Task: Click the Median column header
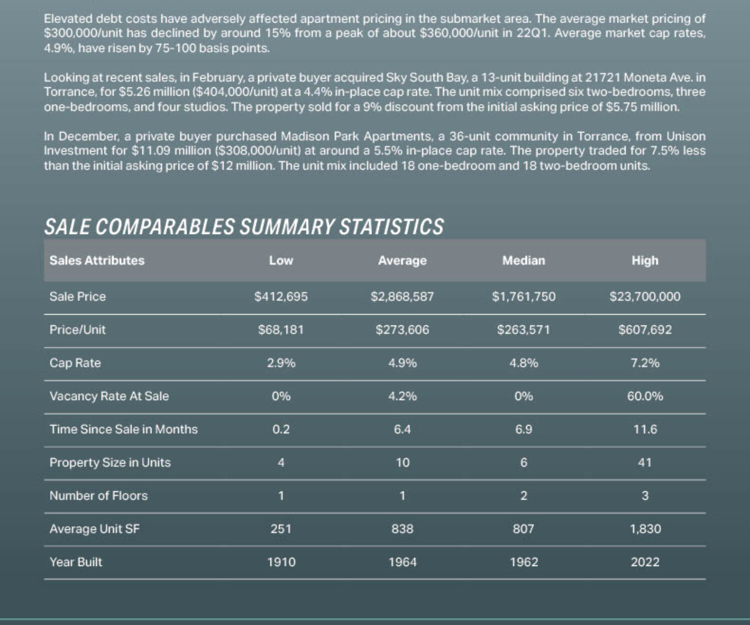coord(523,260)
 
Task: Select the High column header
coord(644,260)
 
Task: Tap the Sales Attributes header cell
coord(96,260)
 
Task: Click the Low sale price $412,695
coord(281,296)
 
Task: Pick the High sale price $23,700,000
coord(644,296)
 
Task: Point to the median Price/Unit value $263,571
coord(523,330)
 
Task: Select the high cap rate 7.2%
coord(644,363)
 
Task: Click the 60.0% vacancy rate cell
coord(644,396)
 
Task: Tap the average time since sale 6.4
coord(402,429)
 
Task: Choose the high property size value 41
coord(644,463)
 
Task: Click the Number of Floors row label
coord(98,496)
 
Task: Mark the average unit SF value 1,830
coord(645,529)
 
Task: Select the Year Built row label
coord(75,562)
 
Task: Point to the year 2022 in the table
coord(644,562)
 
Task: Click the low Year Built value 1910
coord(281,562)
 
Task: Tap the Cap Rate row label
coord(75,363)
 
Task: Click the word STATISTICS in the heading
coord(391,226)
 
